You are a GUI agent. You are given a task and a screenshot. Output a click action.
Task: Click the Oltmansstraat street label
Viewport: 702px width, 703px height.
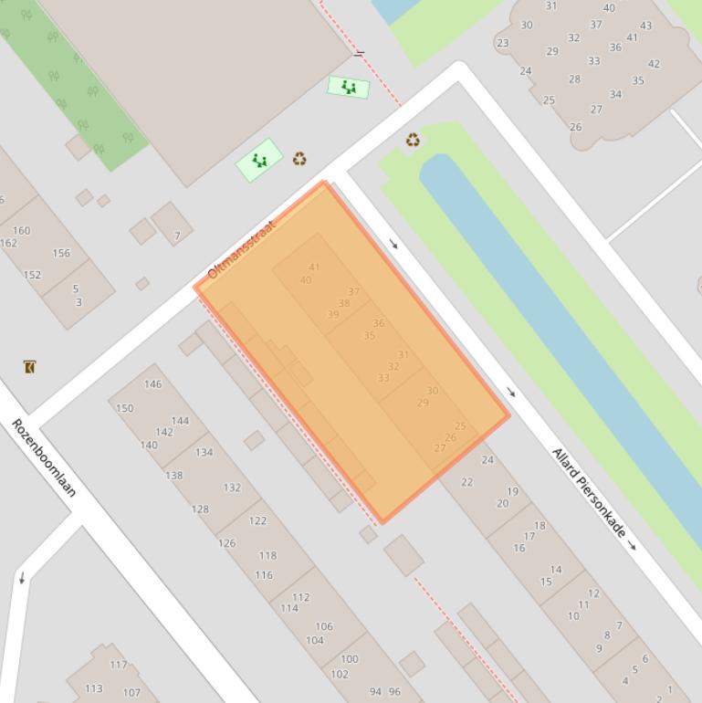click(241, 249)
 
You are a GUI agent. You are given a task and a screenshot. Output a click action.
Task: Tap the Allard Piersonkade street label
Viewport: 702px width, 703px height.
click(589, 490)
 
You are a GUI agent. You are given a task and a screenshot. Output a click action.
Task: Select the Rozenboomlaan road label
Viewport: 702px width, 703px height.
click(44, 456)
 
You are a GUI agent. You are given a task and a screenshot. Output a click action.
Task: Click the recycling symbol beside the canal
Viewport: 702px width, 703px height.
click(414, 140)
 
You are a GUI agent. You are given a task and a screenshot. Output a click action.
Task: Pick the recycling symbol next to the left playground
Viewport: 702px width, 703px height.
click(299, 159)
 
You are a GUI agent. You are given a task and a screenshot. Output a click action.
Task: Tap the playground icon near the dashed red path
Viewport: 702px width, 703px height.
click(349, 88)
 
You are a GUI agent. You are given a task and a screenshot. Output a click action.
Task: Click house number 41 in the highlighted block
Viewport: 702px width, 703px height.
click(314, 268)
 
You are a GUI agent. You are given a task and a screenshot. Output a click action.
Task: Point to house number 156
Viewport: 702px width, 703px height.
click(61, 253)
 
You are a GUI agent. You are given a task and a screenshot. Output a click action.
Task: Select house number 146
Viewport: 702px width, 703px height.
click(152, 384)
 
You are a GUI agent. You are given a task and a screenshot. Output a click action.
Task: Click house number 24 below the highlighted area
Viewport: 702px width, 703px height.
click(487, 460)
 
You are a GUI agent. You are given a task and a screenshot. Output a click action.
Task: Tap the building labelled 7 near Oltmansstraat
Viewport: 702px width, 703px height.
click(177, 236)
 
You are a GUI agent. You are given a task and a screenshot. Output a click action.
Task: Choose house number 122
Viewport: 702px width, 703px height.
click(257, 520)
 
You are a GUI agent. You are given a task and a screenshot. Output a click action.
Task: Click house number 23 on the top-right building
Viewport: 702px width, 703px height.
click(503, 43)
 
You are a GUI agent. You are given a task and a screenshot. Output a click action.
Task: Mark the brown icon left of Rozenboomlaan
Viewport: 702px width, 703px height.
click(29, 367)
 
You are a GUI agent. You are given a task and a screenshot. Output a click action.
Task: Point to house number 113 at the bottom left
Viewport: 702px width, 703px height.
click(93, 688)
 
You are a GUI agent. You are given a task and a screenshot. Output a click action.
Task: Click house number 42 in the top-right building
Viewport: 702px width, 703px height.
click(654, 64)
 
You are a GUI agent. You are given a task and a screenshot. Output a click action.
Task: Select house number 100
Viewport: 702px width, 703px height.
click(349, 658)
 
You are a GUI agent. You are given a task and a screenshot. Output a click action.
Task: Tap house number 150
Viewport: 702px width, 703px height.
click(124, 408)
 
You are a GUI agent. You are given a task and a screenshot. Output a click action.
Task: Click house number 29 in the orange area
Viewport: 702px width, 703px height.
click(423, 403)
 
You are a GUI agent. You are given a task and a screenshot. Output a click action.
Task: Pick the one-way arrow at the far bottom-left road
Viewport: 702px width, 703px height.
click(22, 578)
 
